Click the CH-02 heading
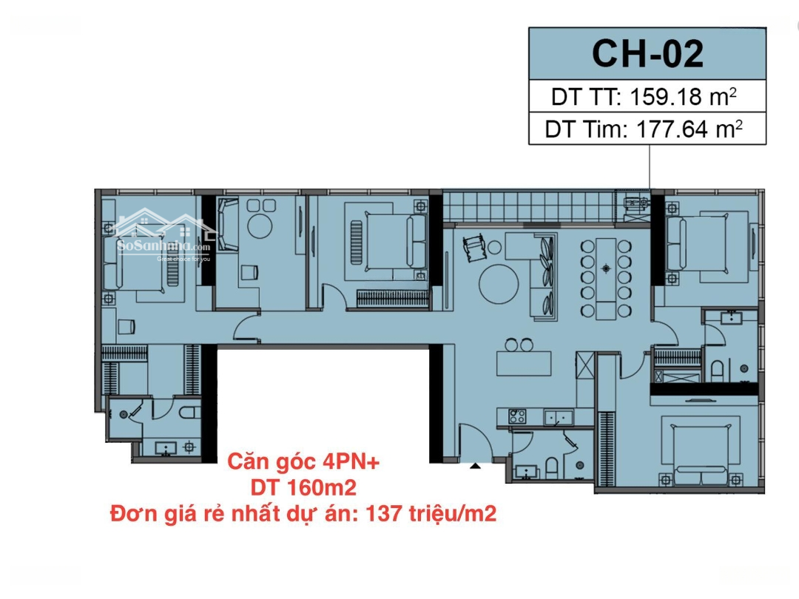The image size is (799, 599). [647, 54]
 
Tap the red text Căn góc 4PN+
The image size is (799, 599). [304, 462]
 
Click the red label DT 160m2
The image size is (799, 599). [303, 488]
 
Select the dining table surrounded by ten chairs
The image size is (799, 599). [606, 278]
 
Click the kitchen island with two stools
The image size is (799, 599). [525, 363]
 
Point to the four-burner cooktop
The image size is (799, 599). [517, 416]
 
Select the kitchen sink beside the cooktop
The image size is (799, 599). [559, 417]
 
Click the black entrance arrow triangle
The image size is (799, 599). [475, 465]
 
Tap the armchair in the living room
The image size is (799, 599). [474, 247]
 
